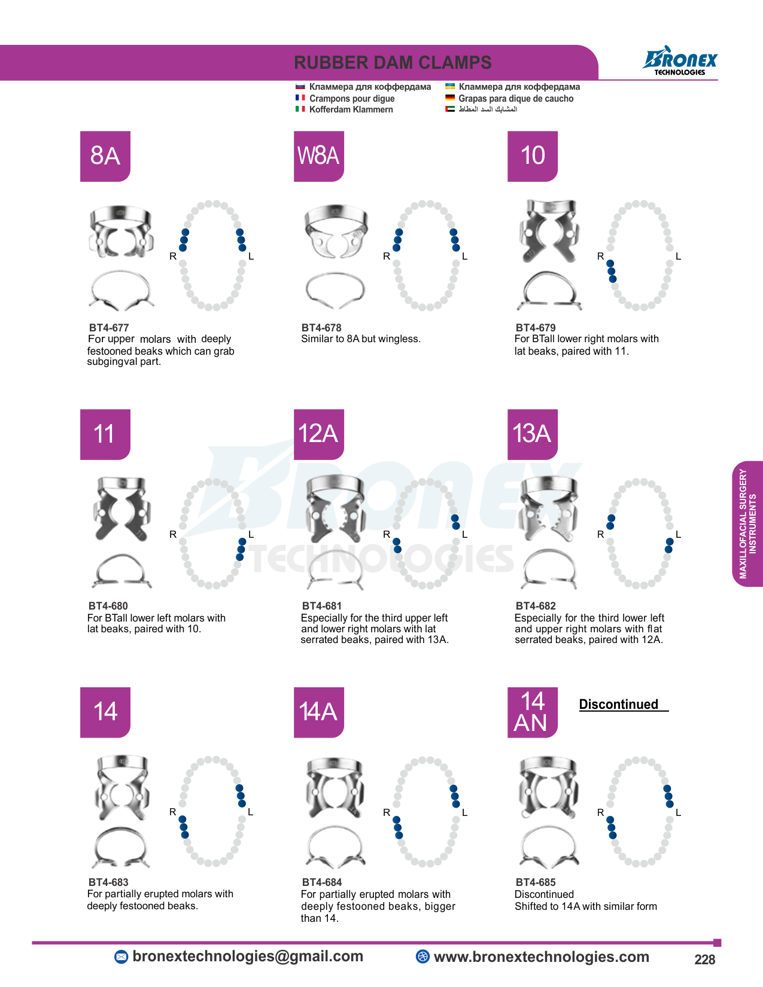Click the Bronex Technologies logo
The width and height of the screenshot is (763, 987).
680,61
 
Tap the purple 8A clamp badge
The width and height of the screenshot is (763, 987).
105,156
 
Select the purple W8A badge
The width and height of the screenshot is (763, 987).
318,156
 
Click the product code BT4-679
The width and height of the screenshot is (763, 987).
536,327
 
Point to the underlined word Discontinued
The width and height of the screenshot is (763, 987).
619,704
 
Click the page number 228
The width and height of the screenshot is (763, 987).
704,959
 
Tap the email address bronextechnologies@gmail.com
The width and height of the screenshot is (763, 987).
248,956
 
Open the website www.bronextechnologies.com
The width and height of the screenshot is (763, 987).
541,956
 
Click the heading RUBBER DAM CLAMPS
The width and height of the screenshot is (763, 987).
393,63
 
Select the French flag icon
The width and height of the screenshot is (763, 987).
300,98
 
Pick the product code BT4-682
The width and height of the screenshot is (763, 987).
536,605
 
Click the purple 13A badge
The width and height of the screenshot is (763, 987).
532,434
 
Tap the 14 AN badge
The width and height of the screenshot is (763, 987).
532,712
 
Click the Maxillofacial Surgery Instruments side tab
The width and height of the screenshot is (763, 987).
747,523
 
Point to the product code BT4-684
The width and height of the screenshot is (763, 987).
322,882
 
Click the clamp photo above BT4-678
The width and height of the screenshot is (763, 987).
335,257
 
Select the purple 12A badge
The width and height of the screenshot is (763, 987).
318,434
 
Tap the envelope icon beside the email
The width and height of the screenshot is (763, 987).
121,957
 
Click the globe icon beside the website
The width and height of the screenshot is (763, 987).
422,956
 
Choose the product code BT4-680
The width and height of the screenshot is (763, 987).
108,605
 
